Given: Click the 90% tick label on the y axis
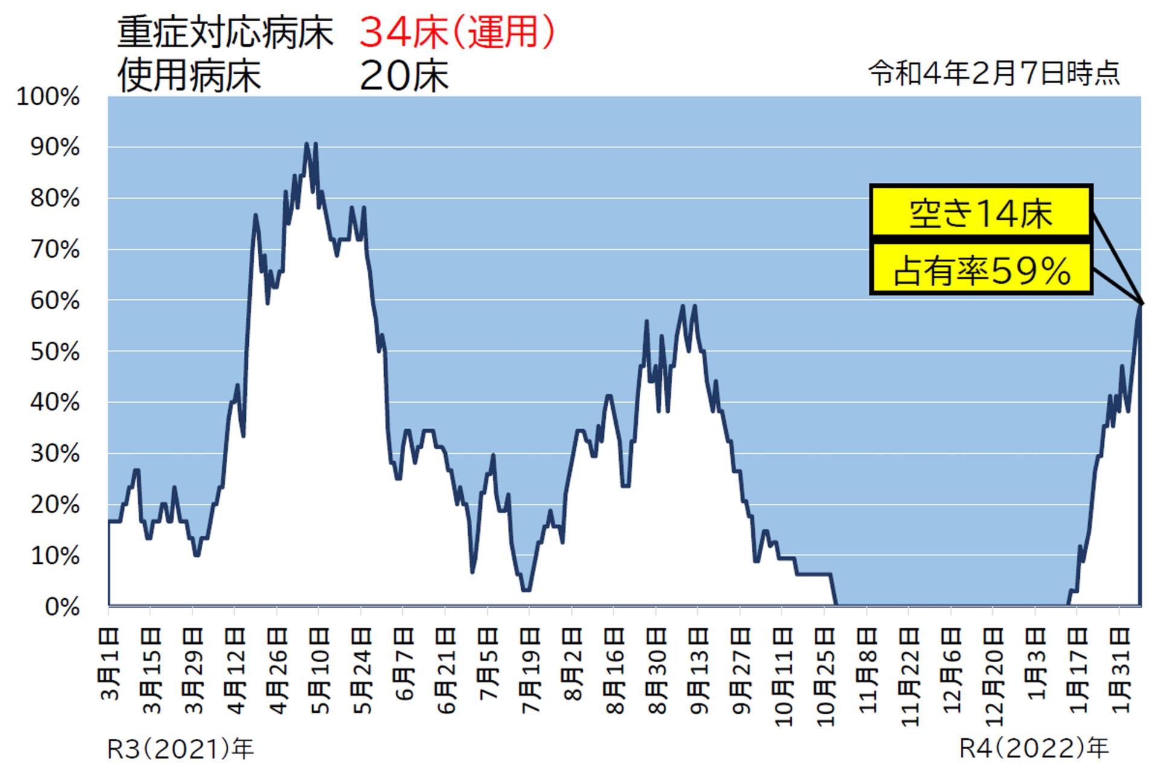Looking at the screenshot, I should [x=55, y=147].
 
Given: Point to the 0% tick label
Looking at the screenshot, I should [x=62, y=607].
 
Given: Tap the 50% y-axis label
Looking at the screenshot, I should [x=55, y=352].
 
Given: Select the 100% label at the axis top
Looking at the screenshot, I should [x=48, y=97].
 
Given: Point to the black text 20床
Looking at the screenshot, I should [x=403, y=76].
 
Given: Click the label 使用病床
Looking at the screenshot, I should [x=188, y=76].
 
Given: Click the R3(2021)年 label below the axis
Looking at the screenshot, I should [x=180, y=749].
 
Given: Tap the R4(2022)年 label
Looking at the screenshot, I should [x=1034, y=749].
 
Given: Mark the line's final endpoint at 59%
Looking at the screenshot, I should [x=1140, y=304].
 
